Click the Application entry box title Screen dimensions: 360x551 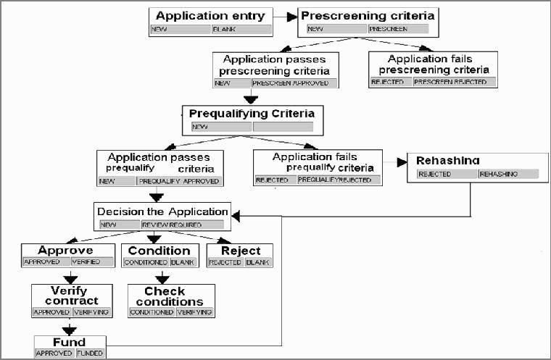[210, 16]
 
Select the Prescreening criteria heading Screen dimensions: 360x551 [368, 15]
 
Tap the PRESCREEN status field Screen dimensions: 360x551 [397, 30]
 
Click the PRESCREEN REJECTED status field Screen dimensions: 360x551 [454, 83]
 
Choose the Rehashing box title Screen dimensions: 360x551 [448, 161]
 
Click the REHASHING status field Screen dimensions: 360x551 [507, 175]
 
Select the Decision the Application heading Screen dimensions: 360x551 [162, 212]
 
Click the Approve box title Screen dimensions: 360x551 [66, 251]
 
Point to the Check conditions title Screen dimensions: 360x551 [171, 296]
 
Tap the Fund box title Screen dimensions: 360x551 [70, 342]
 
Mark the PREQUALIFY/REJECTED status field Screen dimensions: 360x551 [338, 180]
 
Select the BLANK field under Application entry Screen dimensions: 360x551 [241, 30]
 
